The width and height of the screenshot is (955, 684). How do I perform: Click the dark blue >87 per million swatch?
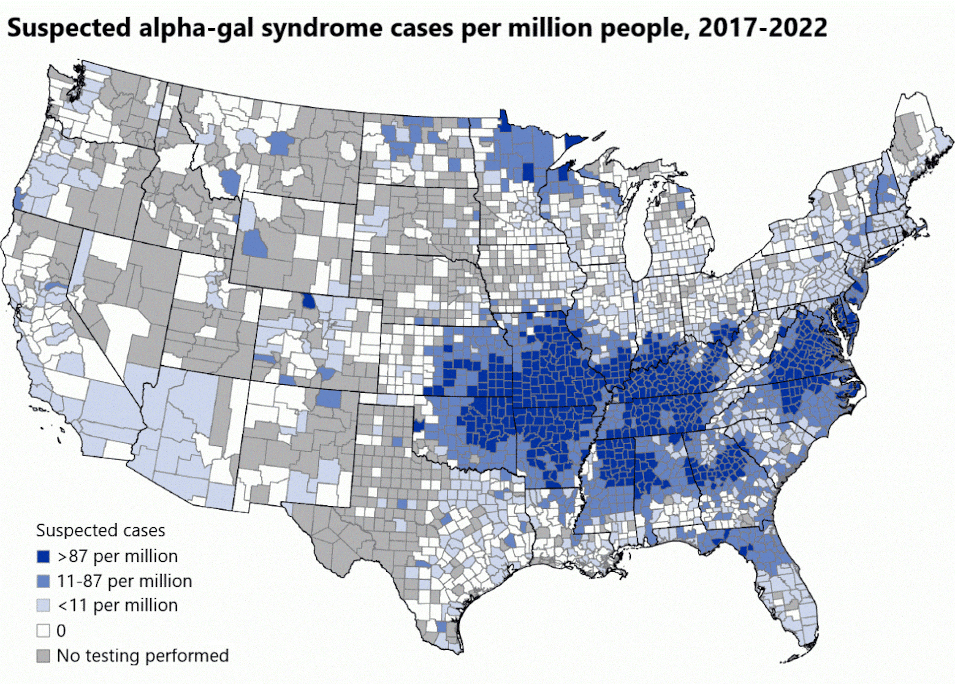43,556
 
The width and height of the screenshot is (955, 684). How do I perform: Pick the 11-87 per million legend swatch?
43,581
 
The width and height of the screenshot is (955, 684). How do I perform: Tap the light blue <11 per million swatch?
43,606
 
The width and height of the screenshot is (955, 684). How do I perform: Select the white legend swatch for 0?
43,631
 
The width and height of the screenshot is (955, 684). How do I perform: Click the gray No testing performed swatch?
43,656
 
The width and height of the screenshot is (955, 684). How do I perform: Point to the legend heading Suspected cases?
100,530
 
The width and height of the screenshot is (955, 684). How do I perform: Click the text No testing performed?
143,656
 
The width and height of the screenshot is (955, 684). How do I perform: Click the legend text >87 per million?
117,556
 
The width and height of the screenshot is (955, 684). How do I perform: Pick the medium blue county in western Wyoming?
255,244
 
